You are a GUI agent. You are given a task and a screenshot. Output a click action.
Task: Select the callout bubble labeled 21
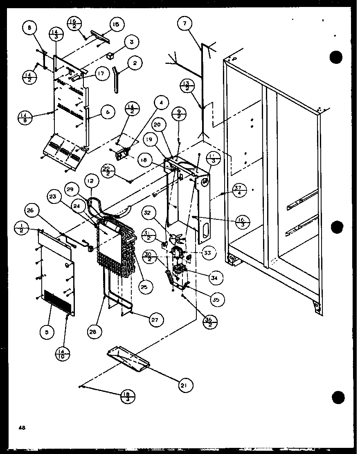click(186, 385)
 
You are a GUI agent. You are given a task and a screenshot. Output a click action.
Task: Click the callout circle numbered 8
click(29, 29)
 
